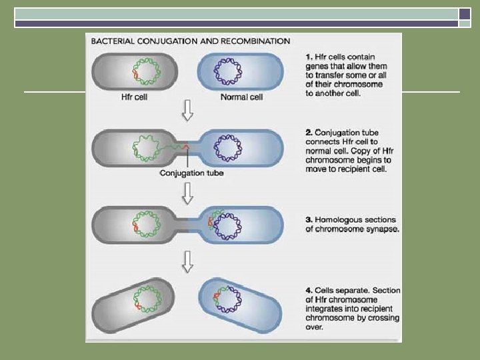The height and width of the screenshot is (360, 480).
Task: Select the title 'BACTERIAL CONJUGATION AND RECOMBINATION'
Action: pos(190,41)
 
